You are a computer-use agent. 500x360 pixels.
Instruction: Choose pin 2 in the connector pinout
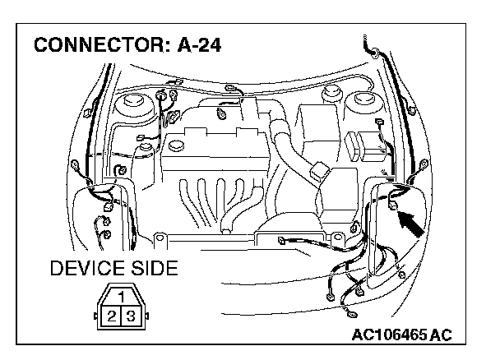[x=110, y=315]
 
